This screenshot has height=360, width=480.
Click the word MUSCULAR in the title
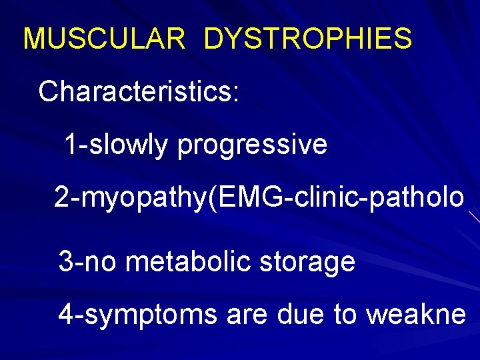pos(104,39)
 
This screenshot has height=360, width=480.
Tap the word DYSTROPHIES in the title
pos(308,39)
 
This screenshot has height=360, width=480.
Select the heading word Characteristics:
pos(139,92)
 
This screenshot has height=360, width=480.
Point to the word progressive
pos(252,145)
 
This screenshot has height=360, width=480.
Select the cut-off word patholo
pos(411,197)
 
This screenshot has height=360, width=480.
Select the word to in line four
pos(345,314)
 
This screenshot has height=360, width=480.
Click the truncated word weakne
pos(415,314)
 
